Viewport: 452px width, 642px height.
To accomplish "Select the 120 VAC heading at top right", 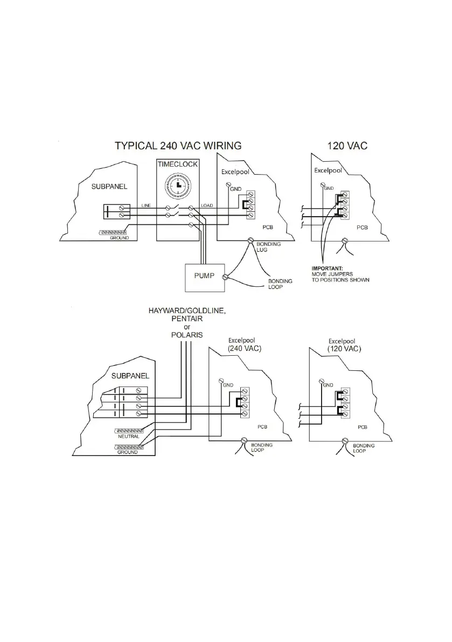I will tap(347, 145).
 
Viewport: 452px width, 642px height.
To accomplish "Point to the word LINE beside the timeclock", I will tap(147, 205).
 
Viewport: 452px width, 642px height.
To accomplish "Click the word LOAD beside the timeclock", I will tap(207, 205).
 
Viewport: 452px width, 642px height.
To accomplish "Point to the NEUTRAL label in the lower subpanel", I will tap(129, 436).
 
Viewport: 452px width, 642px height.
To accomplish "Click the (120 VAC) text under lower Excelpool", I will tap(344, 349).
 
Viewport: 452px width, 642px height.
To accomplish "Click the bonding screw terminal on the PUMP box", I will tap(225, 277).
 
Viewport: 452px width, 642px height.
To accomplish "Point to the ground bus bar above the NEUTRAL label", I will tap(129, 431).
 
